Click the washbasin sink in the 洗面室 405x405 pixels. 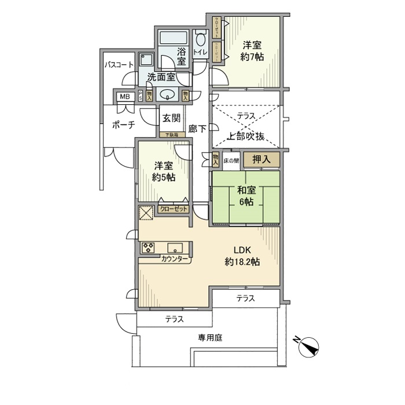click(x=168, y=96)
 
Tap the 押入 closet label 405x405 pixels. click(x=262, y=159)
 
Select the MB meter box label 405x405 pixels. click(x=124, y=97)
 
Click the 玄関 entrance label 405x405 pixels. click(x=171, y=118)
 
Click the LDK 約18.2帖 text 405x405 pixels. click(x=242, y=256)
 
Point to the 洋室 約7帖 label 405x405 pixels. click(x=252, y=50)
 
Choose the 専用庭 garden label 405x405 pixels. click(x=209, y=337)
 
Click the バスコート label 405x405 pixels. click(x=119, y=65)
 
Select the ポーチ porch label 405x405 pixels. click(x=123, y=124)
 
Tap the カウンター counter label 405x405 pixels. click(x=175, y=259)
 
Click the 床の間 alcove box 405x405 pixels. click(x=231, y=159)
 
